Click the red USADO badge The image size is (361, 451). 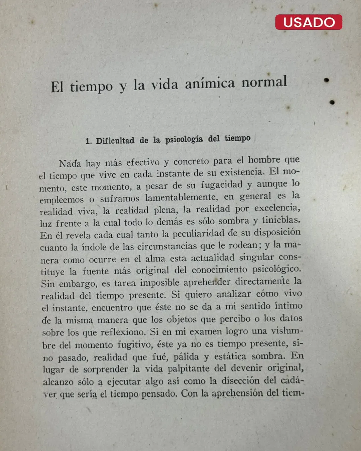(x=309, y=22)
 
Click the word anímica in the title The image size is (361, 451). (x=210, y=84)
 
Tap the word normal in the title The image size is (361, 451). (x=264, y=82)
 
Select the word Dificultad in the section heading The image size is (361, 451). (x=115, y=141)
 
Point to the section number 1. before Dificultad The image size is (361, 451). (x=88, y=141)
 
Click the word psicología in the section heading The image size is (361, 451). (x=184, y=139)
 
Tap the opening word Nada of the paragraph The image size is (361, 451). (x=70, y=164)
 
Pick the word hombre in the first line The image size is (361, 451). (x=264, y=160)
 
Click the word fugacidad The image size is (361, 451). (x=222, y=185)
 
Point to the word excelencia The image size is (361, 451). (x=277, y=208)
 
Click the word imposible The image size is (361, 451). (x=160, y=283)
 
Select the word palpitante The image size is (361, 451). (x=189, y=368)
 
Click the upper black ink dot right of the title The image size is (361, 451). (x=327, y=80)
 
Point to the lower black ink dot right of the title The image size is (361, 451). (x=332, y=102)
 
